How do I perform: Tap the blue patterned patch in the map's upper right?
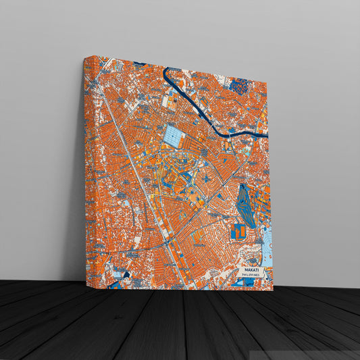[240, 85]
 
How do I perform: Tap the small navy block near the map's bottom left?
[122, 274]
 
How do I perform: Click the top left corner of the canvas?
[86, 57]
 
